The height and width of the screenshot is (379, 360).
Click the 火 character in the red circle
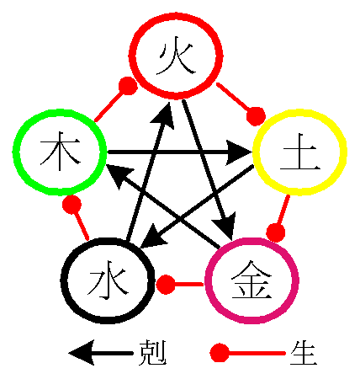click(176, 58)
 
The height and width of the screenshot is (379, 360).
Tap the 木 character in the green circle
click(60, 151)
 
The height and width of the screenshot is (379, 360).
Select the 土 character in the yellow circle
click(300, 152)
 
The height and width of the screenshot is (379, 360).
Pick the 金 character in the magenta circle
click(251, 280)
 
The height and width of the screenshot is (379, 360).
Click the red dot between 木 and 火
click(128, 86)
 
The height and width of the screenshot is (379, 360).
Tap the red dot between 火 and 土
click(256, 116)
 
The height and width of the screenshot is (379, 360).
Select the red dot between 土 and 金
click(276, 232)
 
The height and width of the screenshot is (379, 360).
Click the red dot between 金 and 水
click(166, 285)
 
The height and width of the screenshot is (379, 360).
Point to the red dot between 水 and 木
click(71, 205)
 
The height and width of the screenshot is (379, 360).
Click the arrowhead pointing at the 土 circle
click(239, 152)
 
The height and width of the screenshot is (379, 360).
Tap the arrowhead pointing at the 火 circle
click(163, 115)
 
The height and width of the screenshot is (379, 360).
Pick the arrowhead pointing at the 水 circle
click(152, 238)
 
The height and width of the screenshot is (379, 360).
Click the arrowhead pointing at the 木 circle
click(119, 176)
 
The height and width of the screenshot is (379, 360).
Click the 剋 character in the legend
click(152, 353)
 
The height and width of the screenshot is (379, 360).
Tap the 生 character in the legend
click(304, 353)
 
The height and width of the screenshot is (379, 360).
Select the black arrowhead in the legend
click(82, 353)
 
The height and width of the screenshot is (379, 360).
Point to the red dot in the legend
click(220, 353)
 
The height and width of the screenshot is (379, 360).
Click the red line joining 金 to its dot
click(189, 285)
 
